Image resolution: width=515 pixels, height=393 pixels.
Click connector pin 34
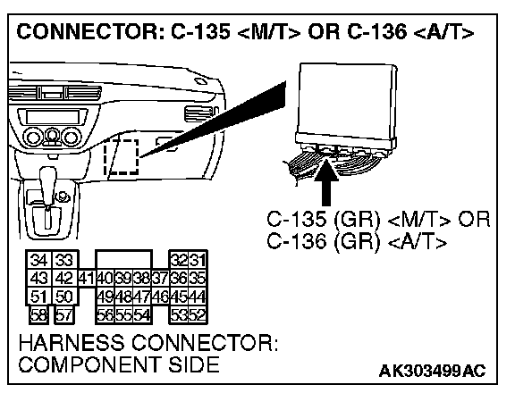38,261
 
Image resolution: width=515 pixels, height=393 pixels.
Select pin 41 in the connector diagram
87,279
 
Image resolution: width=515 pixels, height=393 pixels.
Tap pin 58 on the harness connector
38,315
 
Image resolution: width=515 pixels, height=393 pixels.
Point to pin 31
197,261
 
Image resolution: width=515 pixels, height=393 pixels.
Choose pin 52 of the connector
197,315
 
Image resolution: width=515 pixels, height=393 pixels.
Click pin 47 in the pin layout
142,297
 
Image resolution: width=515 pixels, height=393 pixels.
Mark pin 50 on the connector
64,297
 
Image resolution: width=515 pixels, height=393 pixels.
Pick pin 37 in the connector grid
160,279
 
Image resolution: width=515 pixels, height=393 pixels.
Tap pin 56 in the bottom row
106,315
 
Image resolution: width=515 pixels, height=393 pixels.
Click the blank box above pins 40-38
123,260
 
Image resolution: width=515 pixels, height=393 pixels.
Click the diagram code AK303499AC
432,371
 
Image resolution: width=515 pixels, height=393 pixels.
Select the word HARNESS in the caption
72,343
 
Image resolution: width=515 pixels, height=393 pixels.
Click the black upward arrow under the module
326,181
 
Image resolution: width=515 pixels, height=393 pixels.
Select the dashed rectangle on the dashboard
122,157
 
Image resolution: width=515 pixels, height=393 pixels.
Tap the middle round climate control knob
51,137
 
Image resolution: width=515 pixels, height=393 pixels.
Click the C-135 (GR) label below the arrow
323,219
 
